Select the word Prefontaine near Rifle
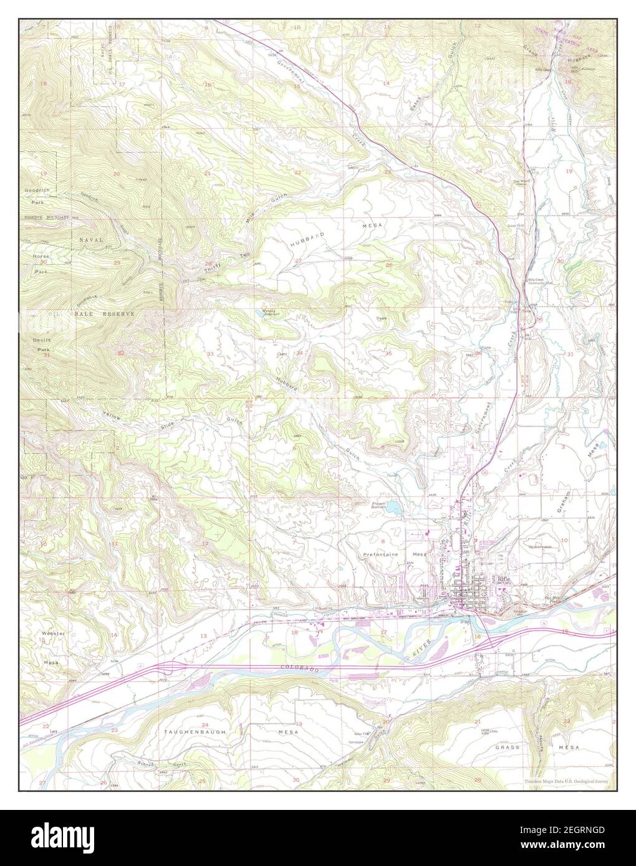pyautogui.click(x=381, y=553)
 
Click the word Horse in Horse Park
pyautogui.click(x=41, y=256)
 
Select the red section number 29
pyautogui.click(x=117, y=263)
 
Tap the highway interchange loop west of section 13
pyautogui.click(x=165, y=667)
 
